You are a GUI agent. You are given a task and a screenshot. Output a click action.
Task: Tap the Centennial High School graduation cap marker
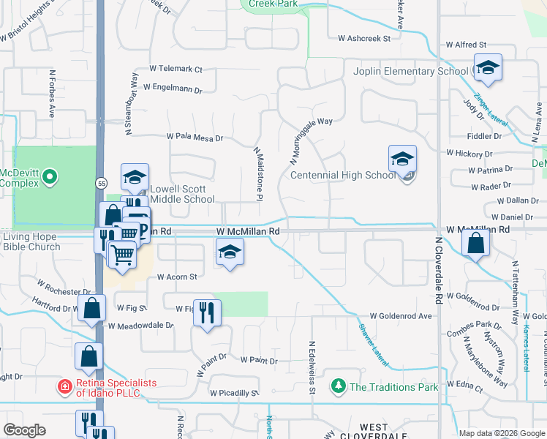point(402,160)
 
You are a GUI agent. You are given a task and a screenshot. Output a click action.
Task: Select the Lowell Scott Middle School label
point(183,193)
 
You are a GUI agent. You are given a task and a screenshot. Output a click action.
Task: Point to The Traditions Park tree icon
point(338,386)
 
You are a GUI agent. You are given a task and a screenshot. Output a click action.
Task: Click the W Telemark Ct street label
point(176,69)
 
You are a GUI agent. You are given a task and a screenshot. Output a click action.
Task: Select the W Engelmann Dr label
point(172,88)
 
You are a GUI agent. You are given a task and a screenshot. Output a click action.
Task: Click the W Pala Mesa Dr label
point(194,137)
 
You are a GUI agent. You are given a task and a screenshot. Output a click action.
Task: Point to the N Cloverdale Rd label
point(439,270)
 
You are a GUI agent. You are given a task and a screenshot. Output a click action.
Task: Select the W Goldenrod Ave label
point(401,316)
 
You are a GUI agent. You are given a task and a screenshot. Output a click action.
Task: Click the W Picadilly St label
point(234,393)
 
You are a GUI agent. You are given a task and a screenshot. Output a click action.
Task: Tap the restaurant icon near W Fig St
point(207,313)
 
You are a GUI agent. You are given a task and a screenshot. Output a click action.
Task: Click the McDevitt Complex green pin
point(49,176)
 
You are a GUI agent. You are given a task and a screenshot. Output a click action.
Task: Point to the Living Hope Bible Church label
point(31,241)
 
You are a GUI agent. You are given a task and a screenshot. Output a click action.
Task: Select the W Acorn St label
point(178,277)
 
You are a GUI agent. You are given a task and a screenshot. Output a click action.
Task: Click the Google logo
point(25,430)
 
